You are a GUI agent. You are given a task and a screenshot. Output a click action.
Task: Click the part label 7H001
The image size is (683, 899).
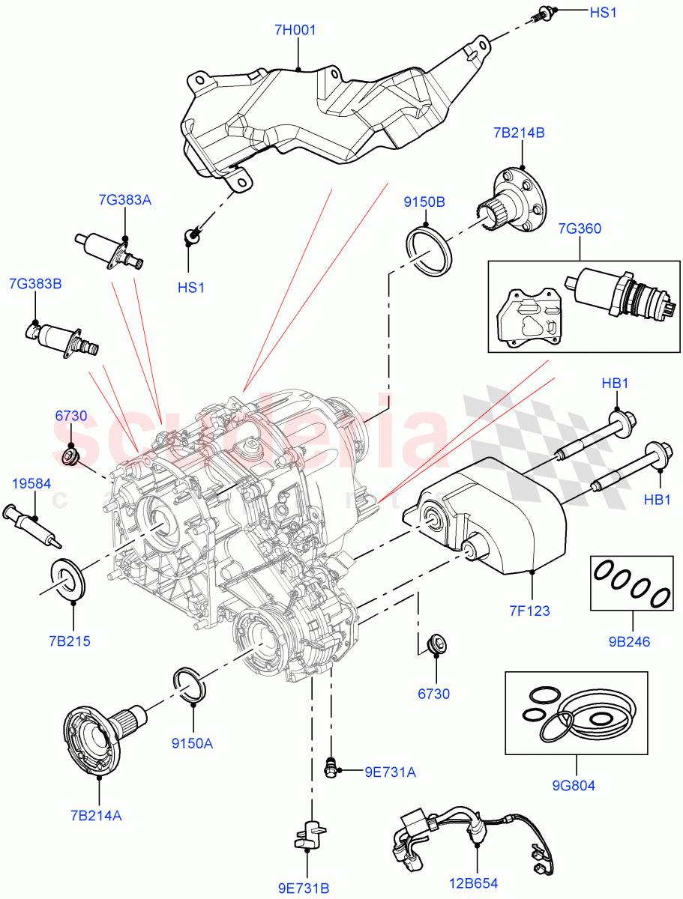point(295,31)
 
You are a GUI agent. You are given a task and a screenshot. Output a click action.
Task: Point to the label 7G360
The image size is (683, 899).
point(579,228)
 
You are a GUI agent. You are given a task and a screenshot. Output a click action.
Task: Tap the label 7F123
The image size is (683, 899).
point(528,611)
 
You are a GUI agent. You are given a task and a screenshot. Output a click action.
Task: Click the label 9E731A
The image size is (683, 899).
point(390,772)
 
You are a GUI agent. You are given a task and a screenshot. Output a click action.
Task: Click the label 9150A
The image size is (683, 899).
point(193,743)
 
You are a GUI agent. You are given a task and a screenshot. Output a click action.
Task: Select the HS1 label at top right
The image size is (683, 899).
point(603,13)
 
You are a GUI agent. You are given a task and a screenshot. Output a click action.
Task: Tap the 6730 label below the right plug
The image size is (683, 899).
point(433,694)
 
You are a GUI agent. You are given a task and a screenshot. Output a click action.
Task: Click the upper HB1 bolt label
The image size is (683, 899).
point(616,383)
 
